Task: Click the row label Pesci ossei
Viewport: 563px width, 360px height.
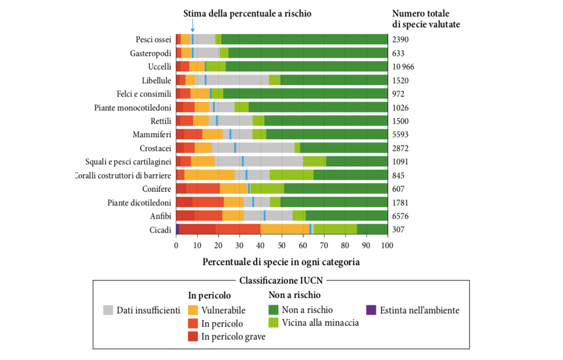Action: pos(153,40)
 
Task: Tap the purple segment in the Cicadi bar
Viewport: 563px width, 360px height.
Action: pos(178,230)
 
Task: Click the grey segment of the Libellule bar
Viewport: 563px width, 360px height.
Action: pos(238,80)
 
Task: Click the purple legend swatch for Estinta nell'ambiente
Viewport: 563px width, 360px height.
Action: pos(372,310)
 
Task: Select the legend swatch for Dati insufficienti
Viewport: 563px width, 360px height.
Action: pos(108,310)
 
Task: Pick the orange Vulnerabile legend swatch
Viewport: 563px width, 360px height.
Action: pos(193,310)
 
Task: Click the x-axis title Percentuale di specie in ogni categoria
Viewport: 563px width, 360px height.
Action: pos(281,262)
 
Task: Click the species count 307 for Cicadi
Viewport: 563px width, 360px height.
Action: pos(399,230)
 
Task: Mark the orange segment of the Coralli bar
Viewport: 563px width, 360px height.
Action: pos(209,175)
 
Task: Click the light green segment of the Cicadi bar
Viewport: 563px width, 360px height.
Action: pos(335,230)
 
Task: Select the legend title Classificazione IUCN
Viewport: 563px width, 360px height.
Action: pos(281,281)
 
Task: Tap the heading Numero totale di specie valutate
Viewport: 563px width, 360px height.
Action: pos(425,19)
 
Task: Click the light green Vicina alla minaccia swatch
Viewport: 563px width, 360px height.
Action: pos(274,323)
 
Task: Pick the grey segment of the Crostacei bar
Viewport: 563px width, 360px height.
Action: pos(265,148)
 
